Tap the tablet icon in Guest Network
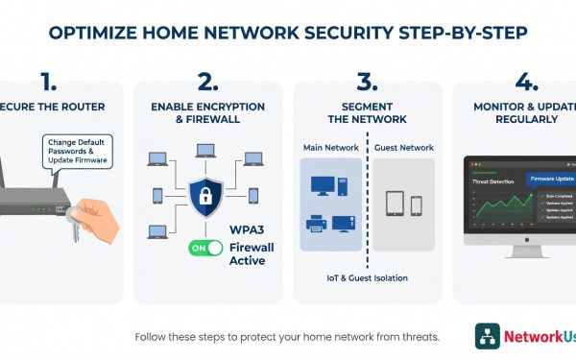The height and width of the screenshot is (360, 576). coord(395,205)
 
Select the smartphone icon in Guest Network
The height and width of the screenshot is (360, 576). coord(417,205)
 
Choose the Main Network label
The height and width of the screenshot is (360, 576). coord(330,149)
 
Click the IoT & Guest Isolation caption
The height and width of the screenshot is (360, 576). coord(368,278)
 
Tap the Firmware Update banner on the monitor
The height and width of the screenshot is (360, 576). coord(552,179)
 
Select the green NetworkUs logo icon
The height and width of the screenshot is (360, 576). coord(488,335)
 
